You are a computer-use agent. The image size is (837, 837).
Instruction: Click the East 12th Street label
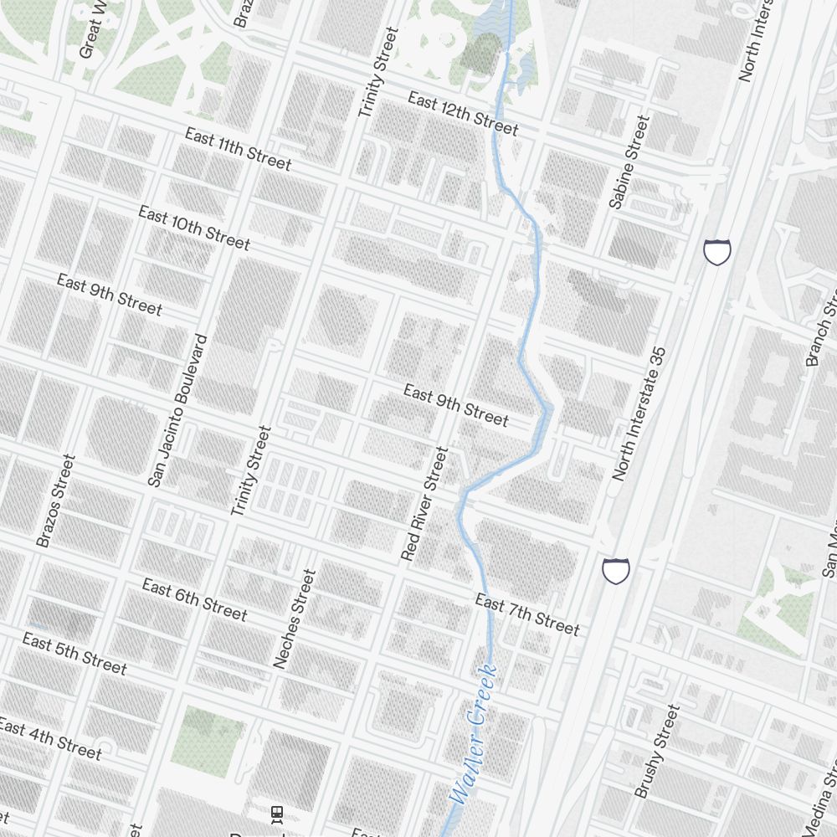pos(463,113)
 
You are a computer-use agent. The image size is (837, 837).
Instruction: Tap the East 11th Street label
pos(238,149)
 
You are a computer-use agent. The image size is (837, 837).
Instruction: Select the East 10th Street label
pos(193,227)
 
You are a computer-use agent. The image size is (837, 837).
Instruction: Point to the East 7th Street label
pos(526,614)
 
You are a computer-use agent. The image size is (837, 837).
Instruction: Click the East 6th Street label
pos(194,599)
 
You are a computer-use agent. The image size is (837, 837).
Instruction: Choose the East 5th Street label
pos(74,654)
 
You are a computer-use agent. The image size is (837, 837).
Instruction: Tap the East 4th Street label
pos(50,738)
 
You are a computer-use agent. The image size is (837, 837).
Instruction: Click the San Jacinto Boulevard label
pos(177,410)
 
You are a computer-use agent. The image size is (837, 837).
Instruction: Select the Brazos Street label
pos(56,501)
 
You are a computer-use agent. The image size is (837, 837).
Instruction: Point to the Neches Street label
pos(295,619)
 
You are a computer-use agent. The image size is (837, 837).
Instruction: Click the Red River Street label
pos(424,503)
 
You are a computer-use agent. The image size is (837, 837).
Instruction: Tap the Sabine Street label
pos(629,162)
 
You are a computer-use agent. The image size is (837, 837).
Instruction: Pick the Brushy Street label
pos(657,751)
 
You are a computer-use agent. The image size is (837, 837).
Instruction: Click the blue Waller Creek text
pos(474,734)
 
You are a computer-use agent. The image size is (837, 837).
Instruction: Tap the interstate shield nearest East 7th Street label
pos(616,571)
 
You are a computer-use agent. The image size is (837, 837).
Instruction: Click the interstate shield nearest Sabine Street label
pos(717,251)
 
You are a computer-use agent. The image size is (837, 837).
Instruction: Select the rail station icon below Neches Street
pos(277,813)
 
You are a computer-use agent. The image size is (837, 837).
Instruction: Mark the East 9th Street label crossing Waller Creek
pos(455,405)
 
